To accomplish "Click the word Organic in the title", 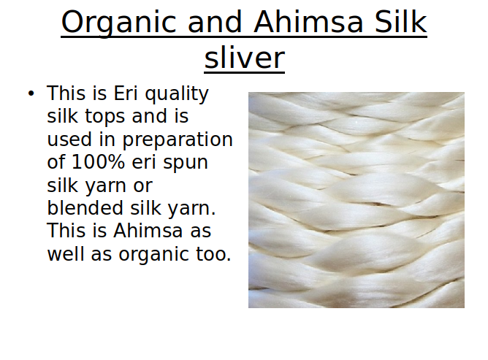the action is point(118,23).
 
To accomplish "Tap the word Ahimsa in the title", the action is point(308,22).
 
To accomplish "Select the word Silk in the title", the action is point(401,21).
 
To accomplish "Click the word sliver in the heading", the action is point(244,58).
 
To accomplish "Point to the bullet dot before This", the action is point(31,93).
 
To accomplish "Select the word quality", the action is point(177,94).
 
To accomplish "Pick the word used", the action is point(69,139).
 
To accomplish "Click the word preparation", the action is point(178,140).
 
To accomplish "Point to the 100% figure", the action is point(98,162).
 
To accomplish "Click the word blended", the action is point(85,208).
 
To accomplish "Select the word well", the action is point(65,254).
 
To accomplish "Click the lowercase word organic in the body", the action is point(153,256).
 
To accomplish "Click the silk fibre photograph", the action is point(357,200).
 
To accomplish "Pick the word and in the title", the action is point(215,21).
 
